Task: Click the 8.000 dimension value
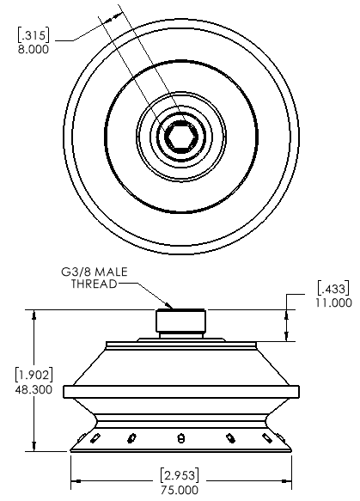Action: point(34,50)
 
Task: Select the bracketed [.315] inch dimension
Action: point(34,35)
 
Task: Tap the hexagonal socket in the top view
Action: point(180,137)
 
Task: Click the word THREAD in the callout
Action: point(94,284)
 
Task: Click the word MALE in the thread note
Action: point(112,272)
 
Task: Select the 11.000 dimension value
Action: point(334,302)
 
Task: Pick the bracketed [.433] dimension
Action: point(333,288)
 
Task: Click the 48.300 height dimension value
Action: point(34,389)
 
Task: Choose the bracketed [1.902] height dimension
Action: point(34,375)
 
